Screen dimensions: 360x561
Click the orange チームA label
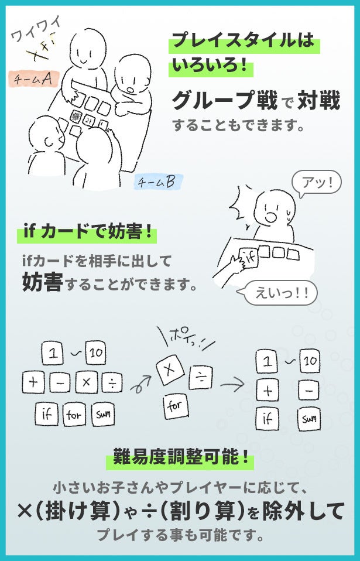[x=33, y=78]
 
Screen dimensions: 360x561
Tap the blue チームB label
[x=159, y=182]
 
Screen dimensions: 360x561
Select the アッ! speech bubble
[x=316, y=183]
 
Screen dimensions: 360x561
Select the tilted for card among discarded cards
[x=176, y=406]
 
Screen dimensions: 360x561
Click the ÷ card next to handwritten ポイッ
[x=201, y=377]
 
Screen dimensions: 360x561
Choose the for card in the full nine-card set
[x=74, y=415]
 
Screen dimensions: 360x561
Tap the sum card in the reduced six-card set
[x=309, y=419]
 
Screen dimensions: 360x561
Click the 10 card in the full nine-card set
[x=96, y=353]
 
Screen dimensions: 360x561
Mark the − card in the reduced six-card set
[x=309, y=391]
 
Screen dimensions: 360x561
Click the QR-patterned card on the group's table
[x=76, y=117]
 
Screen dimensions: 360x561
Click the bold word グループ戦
[x=225, y=101]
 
